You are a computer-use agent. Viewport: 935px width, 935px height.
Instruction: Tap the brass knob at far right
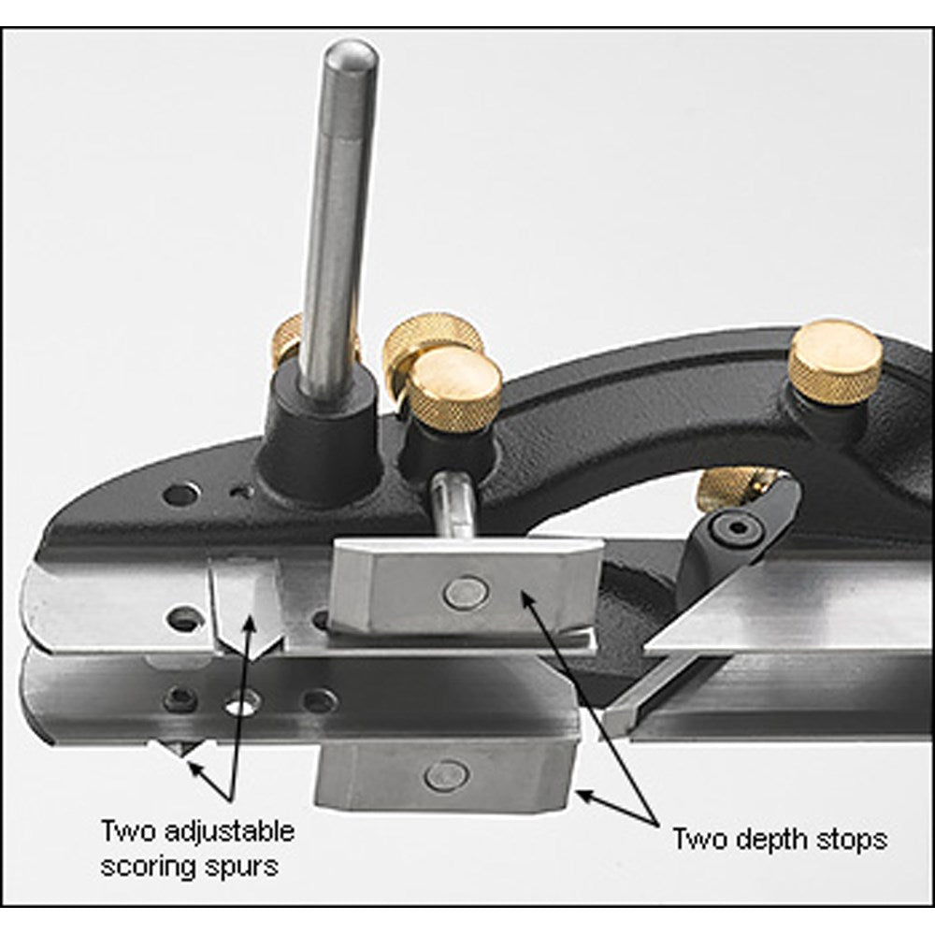(x=835, y=364)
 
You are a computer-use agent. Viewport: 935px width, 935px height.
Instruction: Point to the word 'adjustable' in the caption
(x=229, y=830)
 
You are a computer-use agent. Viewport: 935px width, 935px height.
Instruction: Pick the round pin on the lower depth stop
(x=447, y=776)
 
